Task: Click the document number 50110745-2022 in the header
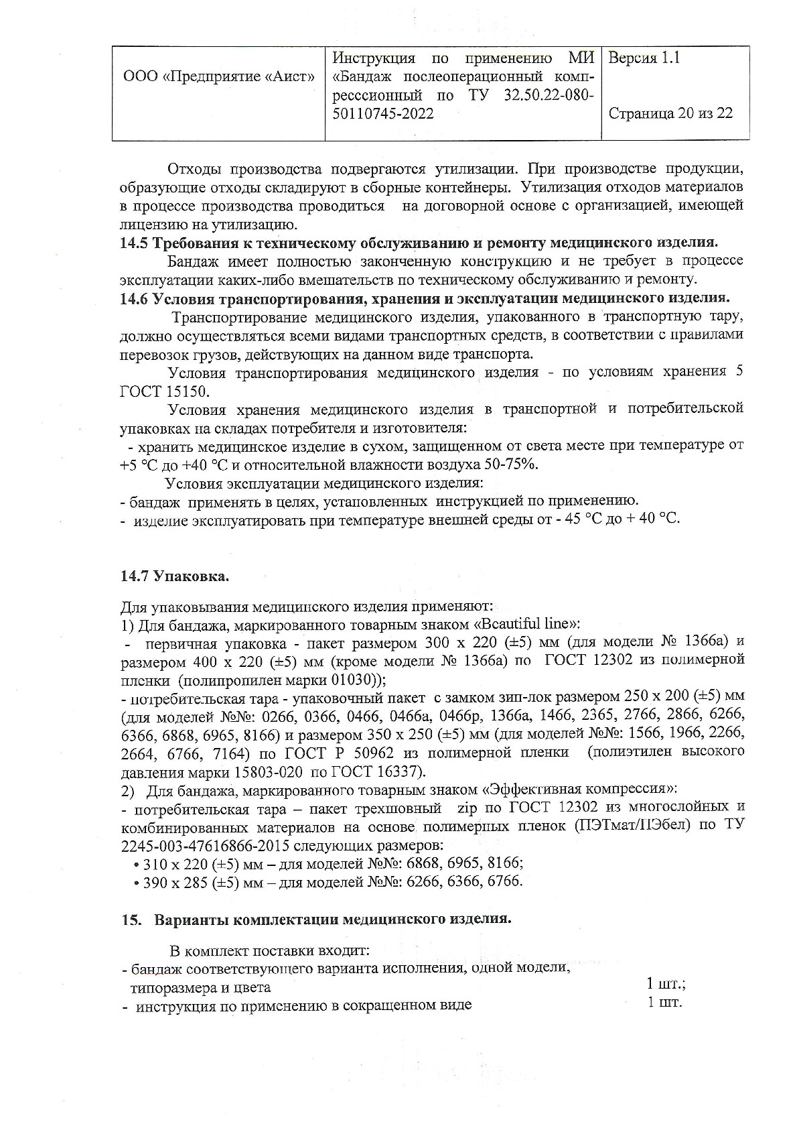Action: [x=382, y=113]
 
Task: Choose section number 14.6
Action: [x=134, y=298]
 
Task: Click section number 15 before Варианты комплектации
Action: [x=129, y=919]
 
